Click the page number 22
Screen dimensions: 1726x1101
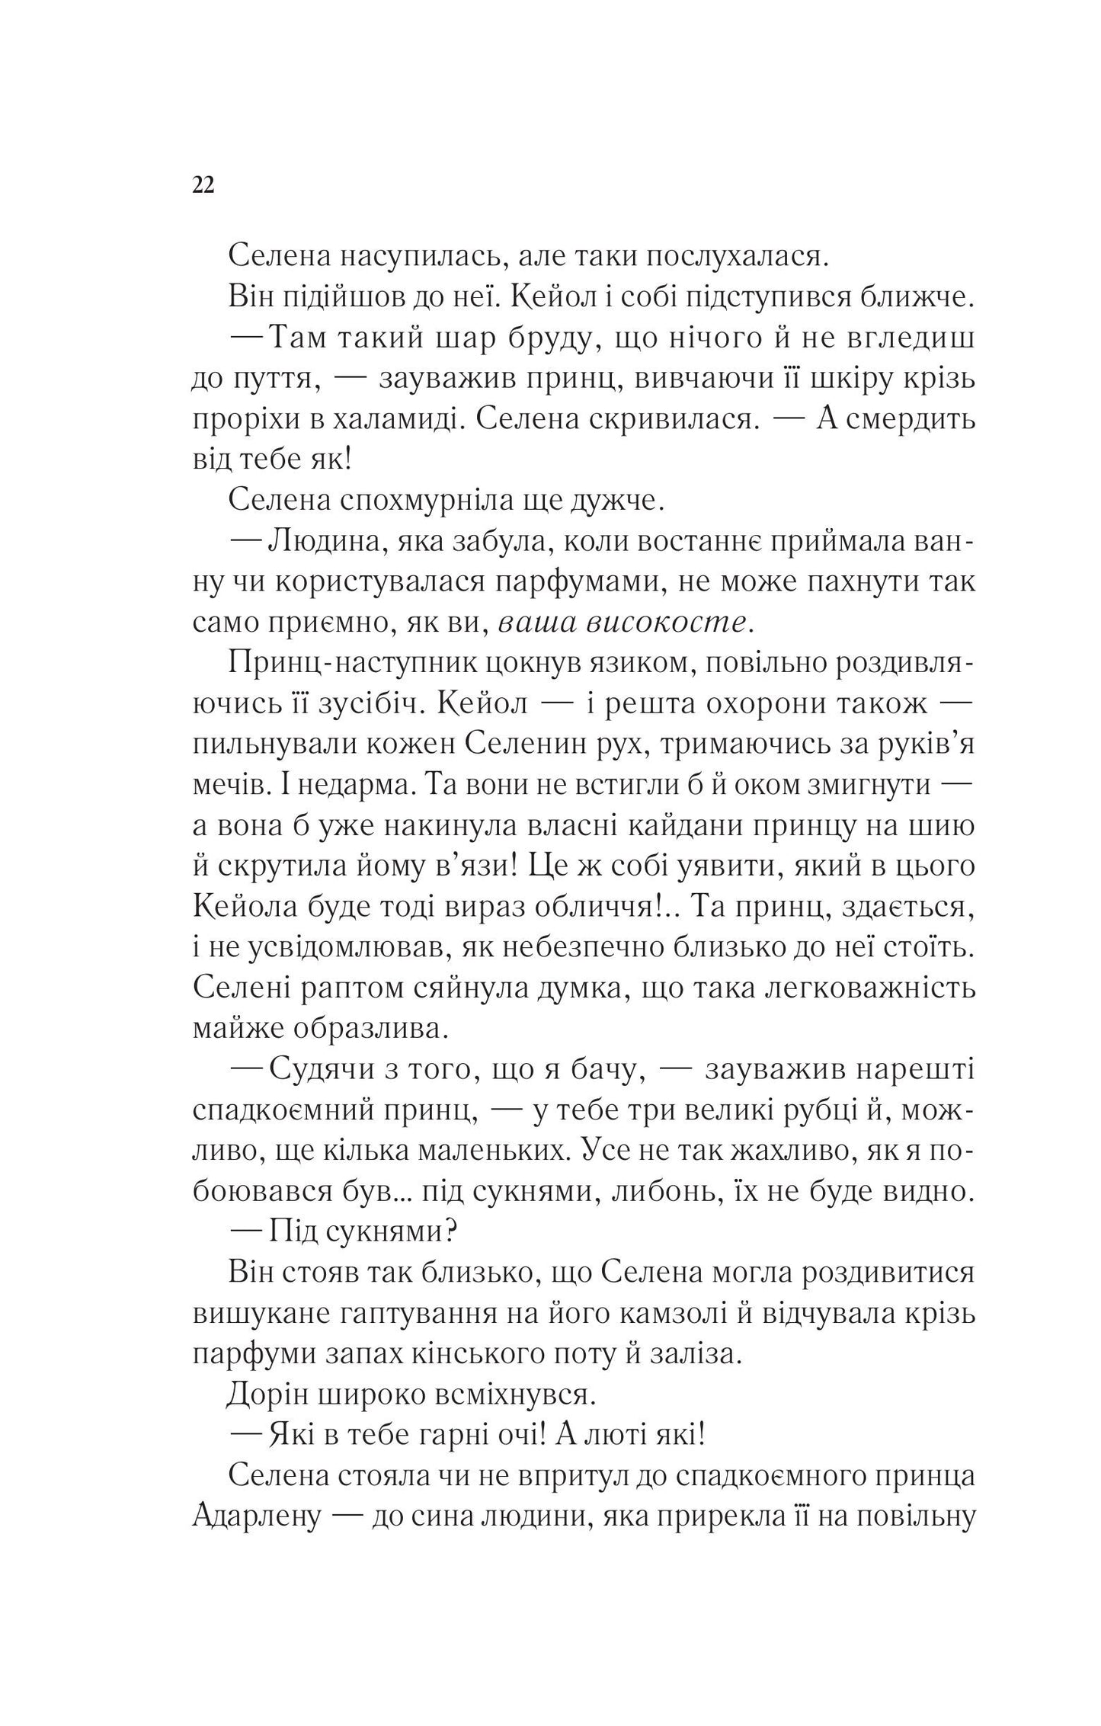point(203,186)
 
